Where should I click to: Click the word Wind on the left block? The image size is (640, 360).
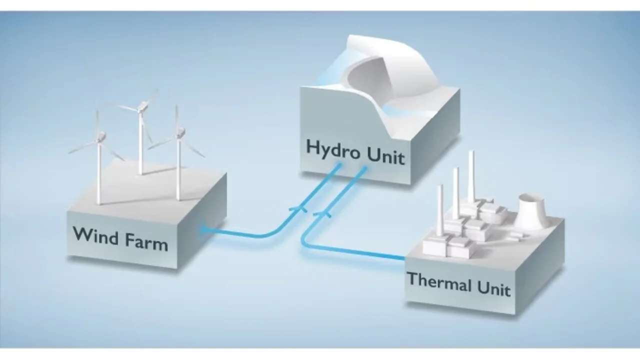pyautogui.click(x=95, y=234)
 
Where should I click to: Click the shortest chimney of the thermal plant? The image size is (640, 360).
pyautogui.click(x=440, y=210)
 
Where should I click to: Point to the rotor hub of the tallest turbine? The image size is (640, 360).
pyautogui.click(x=142, y=105)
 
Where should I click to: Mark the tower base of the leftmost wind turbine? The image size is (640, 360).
pyautogui.click(x=99, y=202)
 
